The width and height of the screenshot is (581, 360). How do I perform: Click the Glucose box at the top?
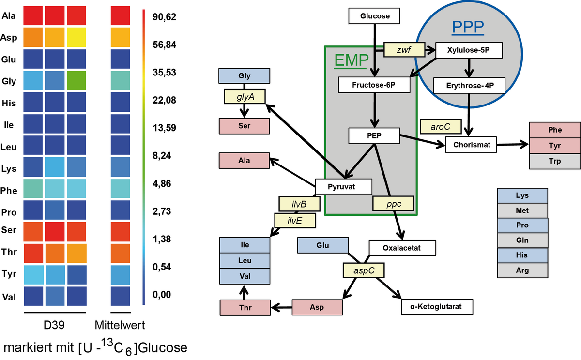point(375,16)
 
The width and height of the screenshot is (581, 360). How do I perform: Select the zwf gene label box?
point(404,49)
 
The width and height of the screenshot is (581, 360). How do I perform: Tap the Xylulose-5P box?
point(469,50)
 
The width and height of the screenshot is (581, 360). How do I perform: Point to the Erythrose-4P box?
point(469,86)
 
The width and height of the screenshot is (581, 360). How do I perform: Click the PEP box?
point(374,136)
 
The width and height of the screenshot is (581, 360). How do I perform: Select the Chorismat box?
point(471,144)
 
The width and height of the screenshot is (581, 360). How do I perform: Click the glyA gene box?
point(244,96)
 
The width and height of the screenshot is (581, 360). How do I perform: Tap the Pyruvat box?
point(343,186)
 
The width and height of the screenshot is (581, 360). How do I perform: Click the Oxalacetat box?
point(402,248)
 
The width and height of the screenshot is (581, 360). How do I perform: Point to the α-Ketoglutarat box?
point(437,306)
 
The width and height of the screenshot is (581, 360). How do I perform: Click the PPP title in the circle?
point(468,28)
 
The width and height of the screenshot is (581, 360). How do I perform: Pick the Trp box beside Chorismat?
point(555,161)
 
